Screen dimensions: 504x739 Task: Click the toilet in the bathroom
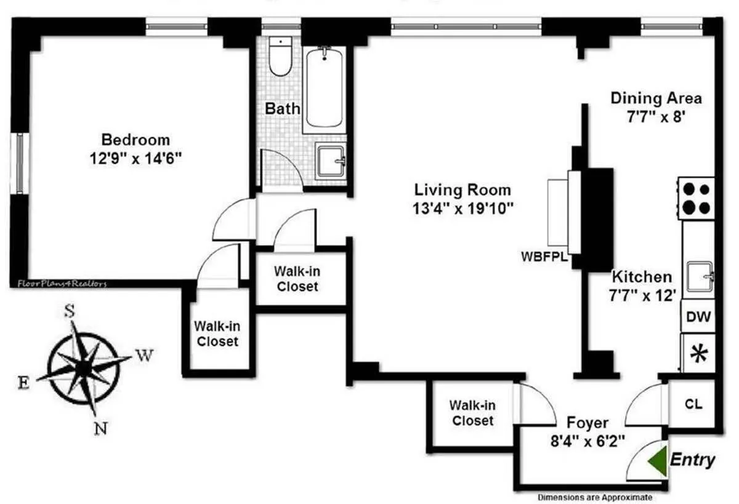click(280, 58)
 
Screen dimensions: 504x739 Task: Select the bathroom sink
click(331, 162)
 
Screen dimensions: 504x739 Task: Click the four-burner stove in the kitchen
click(697, 198)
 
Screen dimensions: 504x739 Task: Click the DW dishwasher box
click(698, 318)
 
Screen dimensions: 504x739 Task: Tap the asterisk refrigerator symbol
click(698, 354)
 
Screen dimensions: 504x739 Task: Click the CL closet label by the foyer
click(692, 404)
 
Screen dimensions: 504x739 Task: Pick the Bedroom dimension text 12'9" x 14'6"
click(135, 158)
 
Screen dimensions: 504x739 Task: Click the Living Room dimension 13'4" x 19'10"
click(462, 208)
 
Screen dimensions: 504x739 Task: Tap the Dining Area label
click(656, 98)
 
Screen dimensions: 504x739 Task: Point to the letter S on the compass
click(70, 311)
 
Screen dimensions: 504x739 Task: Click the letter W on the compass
click(142, 355)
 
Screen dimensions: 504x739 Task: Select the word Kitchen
click(641, 277)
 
